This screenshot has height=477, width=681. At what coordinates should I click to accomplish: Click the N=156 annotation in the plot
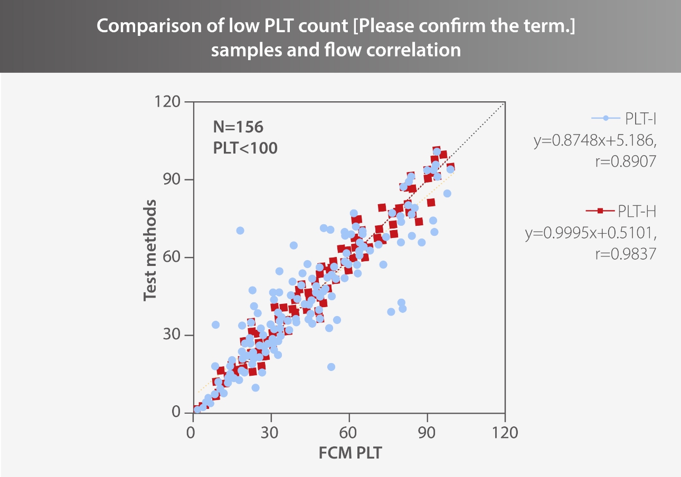[238, 127]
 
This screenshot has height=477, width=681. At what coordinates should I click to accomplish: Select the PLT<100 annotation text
[245, 148]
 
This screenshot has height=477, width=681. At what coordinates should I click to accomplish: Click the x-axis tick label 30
[271, 432]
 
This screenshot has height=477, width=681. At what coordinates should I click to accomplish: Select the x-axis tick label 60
[348, 432]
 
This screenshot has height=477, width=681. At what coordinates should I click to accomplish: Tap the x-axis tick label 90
[427, 432]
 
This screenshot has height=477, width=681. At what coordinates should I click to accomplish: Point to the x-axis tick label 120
[505, 432]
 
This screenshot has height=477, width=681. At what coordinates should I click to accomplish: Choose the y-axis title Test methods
[151, 250]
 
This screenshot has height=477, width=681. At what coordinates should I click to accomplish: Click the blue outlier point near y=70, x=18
[240, 231]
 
